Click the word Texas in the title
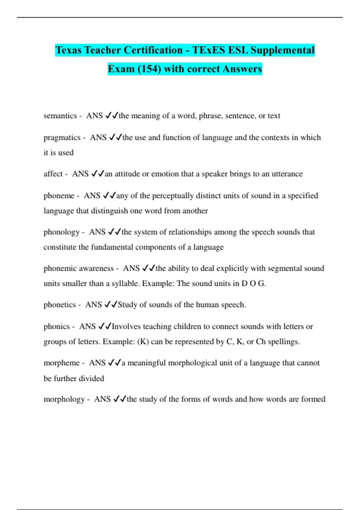(69, 50)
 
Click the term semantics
(60, 116)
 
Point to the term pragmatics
(62, 138)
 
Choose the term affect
(53, 174)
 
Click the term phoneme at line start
(59, 196)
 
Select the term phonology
(61, 232)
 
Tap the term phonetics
(60, 305)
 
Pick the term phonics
(57, 326)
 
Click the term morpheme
(61, 363)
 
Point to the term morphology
(64, 399)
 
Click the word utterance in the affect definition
(287, 174)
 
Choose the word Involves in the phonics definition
(126, 326)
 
